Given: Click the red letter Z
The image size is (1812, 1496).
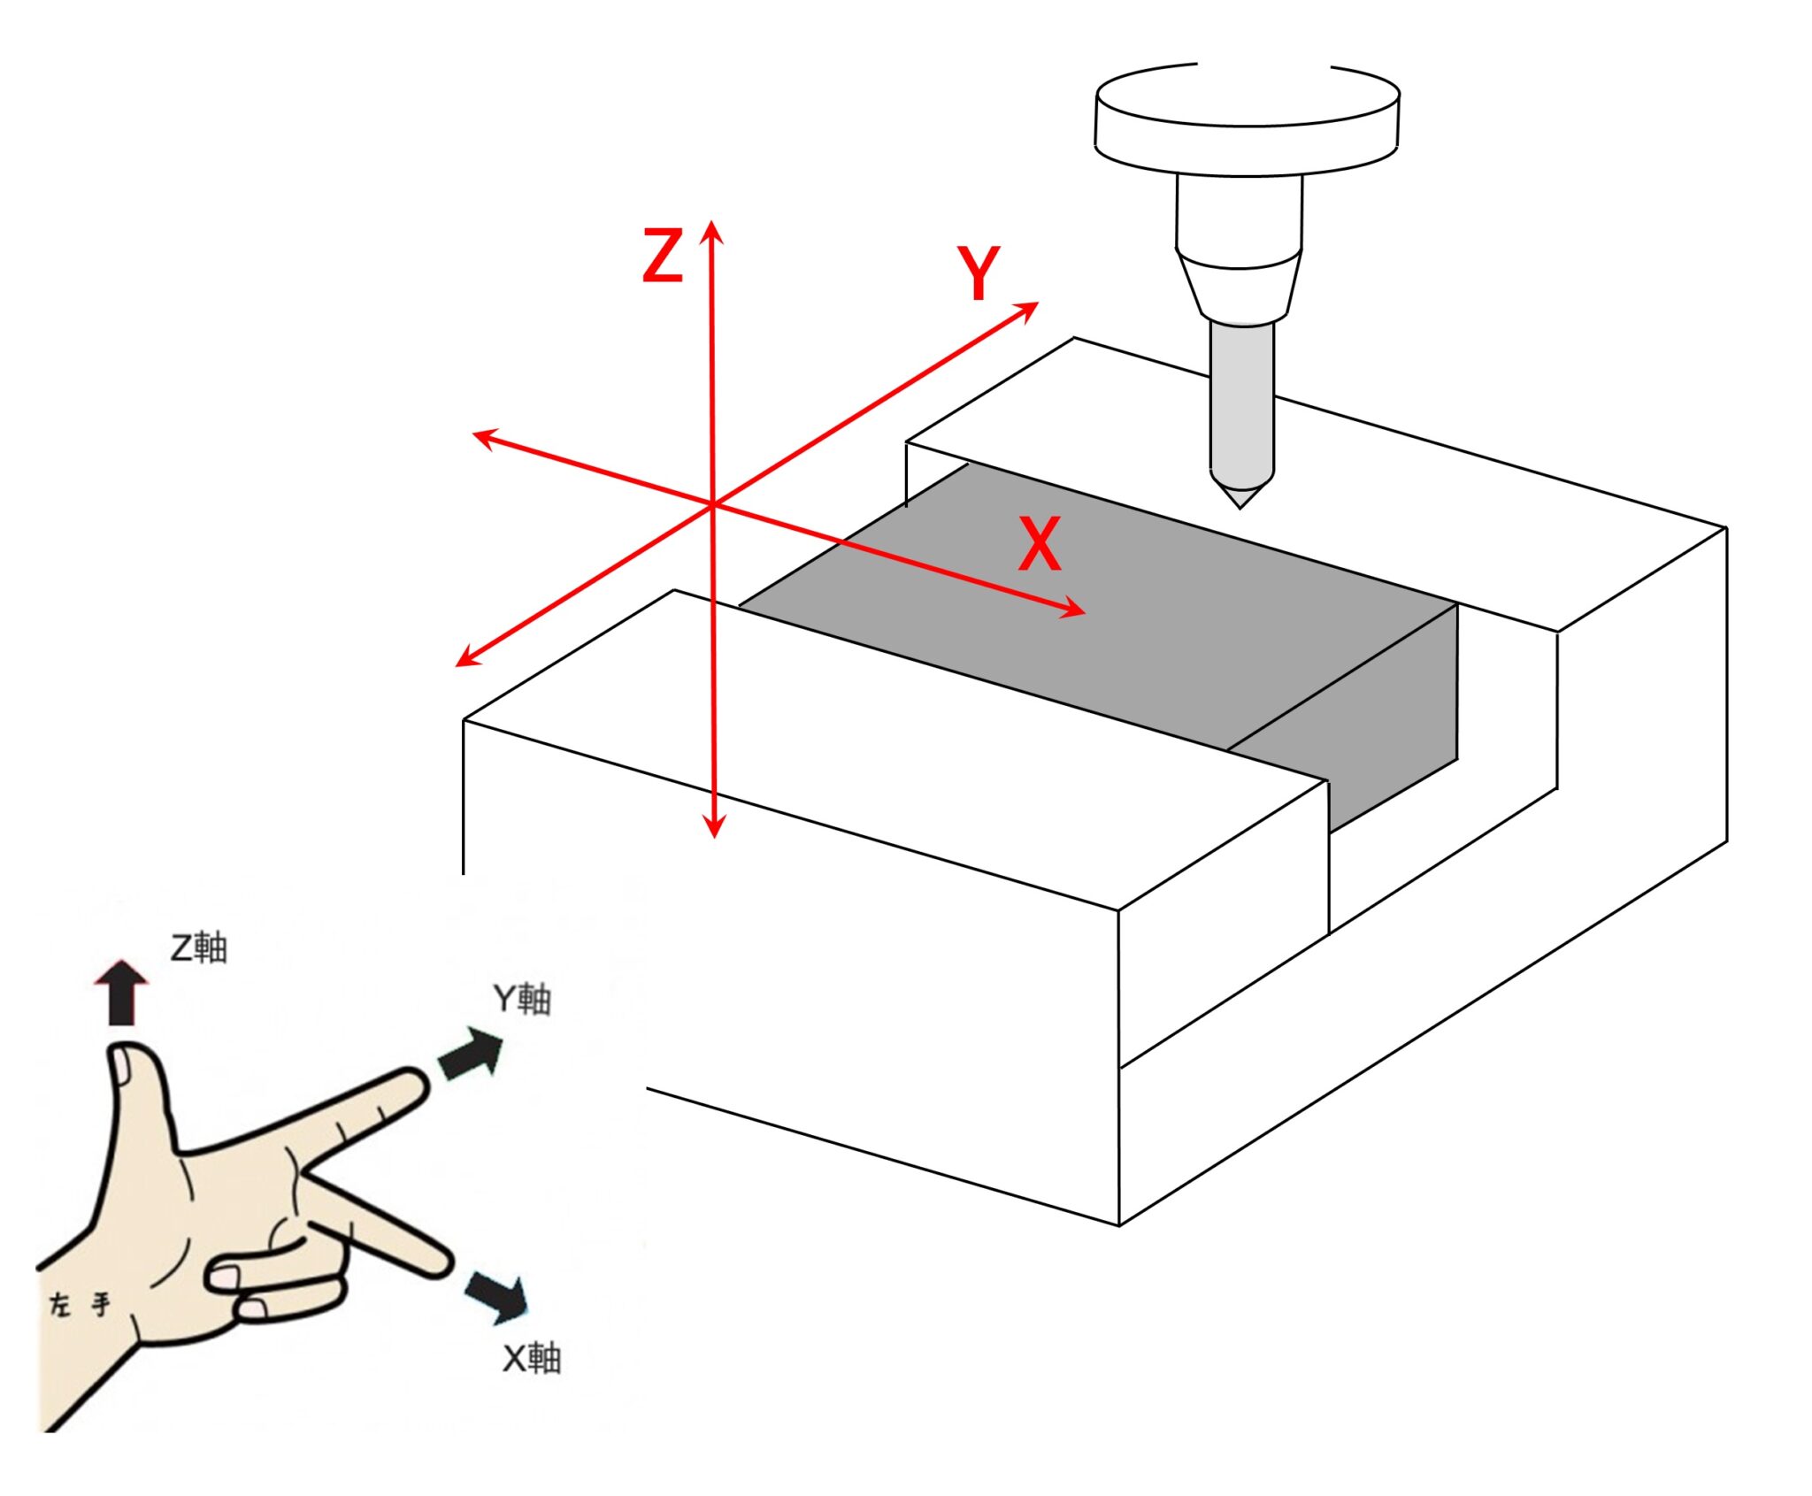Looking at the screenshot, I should point(663,256).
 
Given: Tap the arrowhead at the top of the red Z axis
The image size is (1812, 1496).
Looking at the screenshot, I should point(712,232).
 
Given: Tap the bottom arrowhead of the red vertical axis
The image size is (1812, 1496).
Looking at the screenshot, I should point(714,825).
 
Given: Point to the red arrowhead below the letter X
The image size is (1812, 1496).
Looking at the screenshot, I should point(1073,609).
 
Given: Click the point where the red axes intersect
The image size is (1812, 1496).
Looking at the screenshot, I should point(713,505).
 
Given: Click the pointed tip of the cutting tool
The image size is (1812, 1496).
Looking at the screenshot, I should point(1240,502).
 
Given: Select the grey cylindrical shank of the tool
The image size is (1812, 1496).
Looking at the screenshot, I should point(1242,407).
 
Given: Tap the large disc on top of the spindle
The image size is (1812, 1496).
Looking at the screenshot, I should point(1247,119).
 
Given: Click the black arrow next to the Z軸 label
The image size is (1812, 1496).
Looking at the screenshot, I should point(121,992).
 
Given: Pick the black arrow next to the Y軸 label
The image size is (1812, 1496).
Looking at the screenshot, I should point(472,1054).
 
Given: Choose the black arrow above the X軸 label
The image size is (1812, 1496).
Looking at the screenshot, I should point(497,1296).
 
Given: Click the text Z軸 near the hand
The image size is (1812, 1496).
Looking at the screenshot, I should point(199,947).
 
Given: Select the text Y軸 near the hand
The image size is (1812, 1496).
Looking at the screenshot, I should point(523,999).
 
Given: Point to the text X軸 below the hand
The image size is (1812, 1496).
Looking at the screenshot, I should point(532,1359).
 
